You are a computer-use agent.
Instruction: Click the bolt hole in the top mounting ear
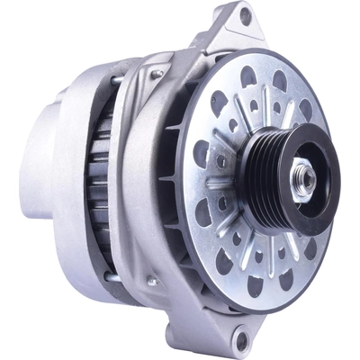tap(244, 15)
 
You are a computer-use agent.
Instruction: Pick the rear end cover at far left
tap(36, 171)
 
